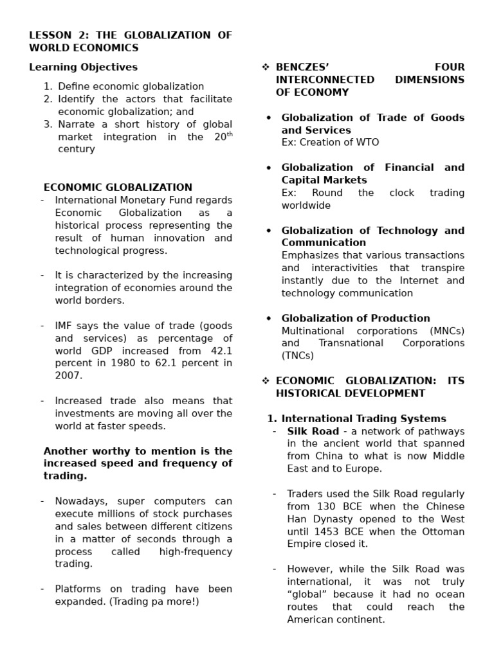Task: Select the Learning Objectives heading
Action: click(x=83, y=67)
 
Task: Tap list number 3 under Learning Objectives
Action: click(x=48, y=124)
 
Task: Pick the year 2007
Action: click(x=68, y=376)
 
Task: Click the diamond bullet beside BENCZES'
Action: click(x=265, y=67)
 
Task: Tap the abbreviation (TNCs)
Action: click(x=297, y=355)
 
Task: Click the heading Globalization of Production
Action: click(x=356, y=318)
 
